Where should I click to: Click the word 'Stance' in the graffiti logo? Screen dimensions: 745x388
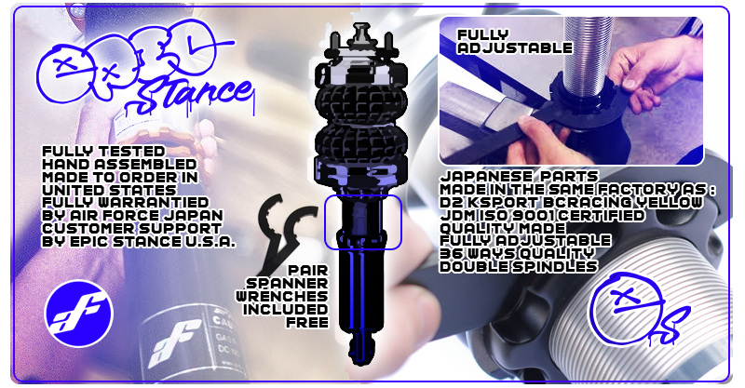[193, 95]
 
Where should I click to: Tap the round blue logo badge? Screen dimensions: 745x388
[78, 313]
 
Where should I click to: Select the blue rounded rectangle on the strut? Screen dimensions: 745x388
[363, 221]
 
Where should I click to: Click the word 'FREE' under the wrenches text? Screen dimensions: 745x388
[307, 323]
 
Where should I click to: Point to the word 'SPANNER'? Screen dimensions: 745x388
[287, 284]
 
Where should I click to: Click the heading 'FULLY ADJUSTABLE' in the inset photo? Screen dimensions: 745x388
[515, 41]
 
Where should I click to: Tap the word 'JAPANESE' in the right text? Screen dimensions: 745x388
[479, 177]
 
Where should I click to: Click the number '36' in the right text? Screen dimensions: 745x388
[449, 254]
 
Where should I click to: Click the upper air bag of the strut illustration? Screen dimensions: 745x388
[361, 100]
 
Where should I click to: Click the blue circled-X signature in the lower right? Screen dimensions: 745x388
[637, 309]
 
